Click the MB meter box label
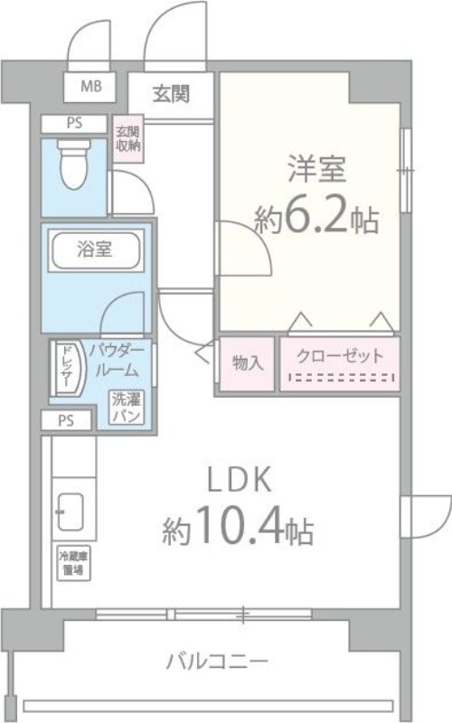(x=91, y=88)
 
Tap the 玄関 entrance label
(x=170, y=92)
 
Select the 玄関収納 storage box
(x=127, y=139)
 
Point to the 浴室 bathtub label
(x=95, y=250)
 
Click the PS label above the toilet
(x=74, y=124)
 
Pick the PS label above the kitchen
(x=66, y=420)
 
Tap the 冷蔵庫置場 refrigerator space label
(x=72, y=564)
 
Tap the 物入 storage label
(x=247, y=362)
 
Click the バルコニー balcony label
(x=217, y=662)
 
